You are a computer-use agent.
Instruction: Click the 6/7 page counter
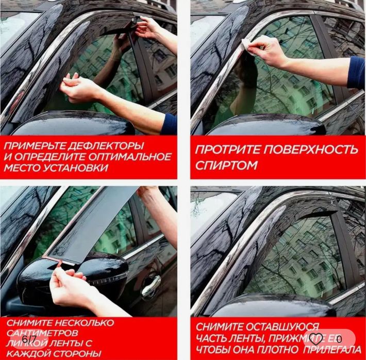tap(29, 340)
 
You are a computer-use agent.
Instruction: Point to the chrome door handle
tap(151, 285)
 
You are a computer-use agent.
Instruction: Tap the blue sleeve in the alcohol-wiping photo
tap(356, 73)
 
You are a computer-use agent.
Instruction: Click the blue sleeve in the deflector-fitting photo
tap(169, 125)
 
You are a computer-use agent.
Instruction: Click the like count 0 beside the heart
tap(339, 338)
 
